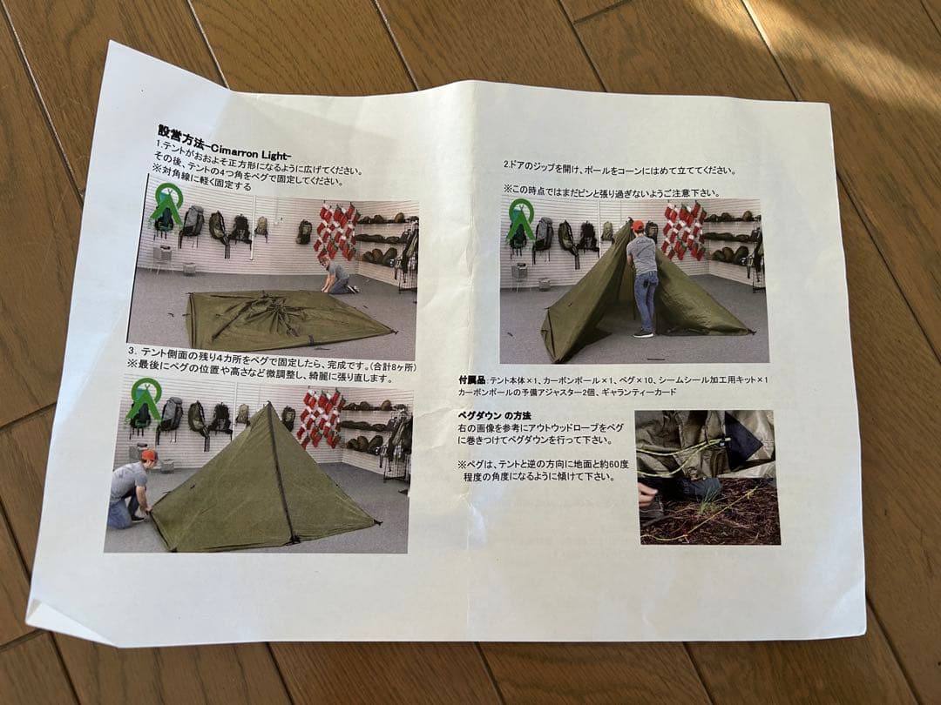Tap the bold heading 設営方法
coord(180,132)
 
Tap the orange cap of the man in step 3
coord(149,454)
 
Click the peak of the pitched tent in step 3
coord(267,406)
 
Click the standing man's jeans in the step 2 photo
coord(646,300)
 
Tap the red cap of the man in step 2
coord(638,226)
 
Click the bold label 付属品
coord(471,380)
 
